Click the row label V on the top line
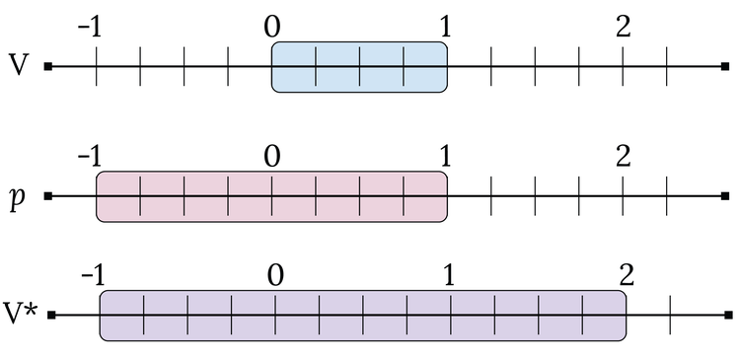(18, 65)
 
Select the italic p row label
(17, 196)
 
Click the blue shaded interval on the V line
(359, 67)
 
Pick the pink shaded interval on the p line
(271, 195)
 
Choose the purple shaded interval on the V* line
(362, 316)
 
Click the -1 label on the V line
(90, 27)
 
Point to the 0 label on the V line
(272, 27)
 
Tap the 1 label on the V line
(446, 27)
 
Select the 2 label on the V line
(623, 27)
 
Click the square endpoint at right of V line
(725, 67)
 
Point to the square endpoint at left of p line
(47, 195)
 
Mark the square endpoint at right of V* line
(728, 316)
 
